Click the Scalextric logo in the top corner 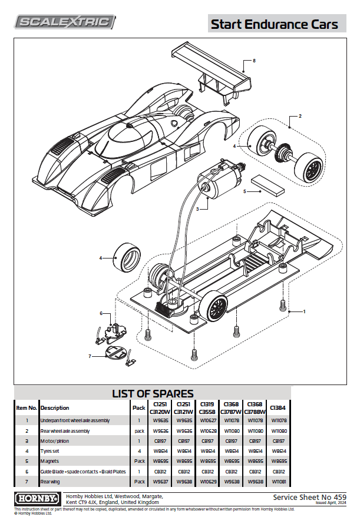click(x=65, y=22)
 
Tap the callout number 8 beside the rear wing click(x=253, y=61)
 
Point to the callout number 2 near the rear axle click(x=299, y=117)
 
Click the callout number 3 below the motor click(x=198, y=208)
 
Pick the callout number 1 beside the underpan click(x=304, y=310)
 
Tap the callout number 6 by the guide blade click(x=101, y=314)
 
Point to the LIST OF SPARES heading click(x=153, y=393)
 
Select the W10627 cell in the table click(x=209, y=420)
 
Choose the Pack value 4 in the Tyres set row click(x=139, y=450)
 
